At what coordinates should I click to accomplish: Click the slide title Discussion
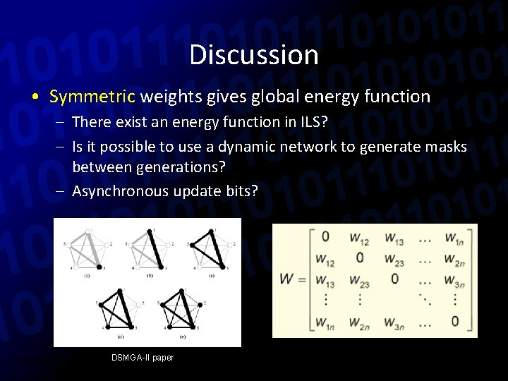[x=254, y=54]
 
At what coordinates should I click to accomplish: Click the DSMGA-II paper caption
[x=142, y=358]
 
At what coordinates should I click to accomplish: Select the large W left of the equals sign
[x=287, y=279]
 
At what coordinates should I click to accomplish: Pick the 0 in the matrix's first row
[x=325, y=236]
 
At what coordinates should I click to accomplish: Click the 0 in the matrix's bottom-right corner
[x=454, y=322]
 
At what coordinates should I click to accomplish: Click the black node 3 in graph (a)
[x=99, y=267]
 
